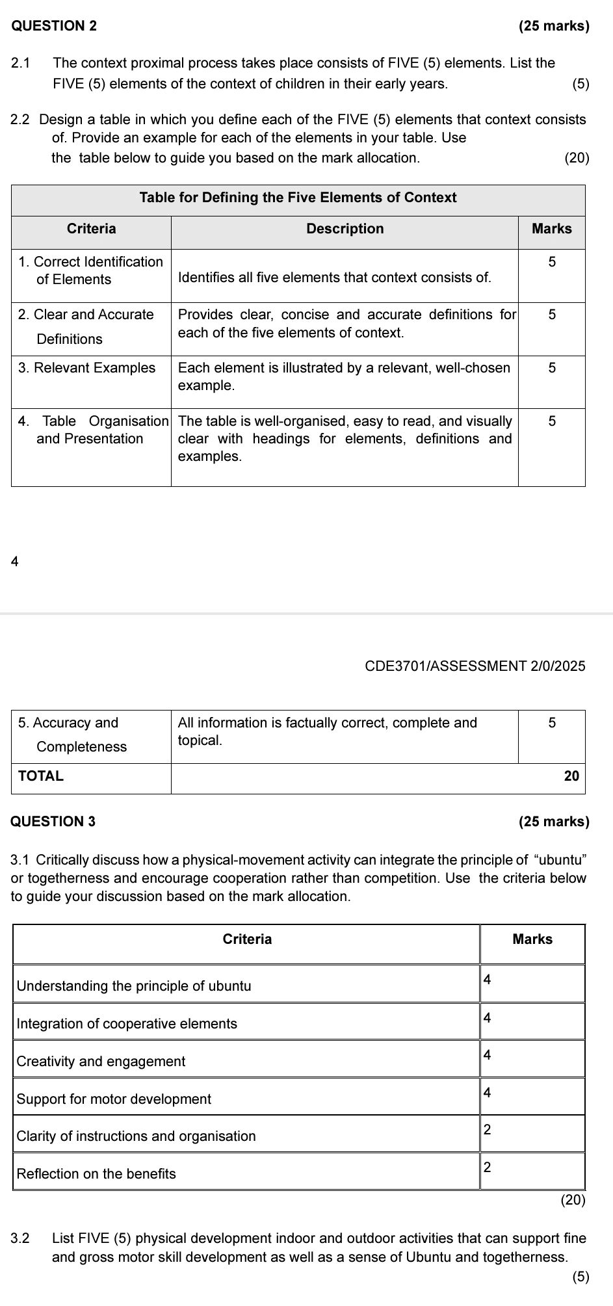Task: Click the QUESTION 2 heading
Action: (x=55, y=26)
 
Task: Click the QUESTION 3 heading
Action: (x=53, y=821)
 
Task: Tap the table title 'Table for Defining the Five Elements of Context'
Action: (x=298, y=198)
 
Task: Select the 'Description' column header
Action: (x=345, y=229)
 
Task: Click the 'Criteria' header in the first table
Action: (x=91, y=229)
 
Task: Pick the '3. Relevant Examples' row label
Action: (x=87, y=368)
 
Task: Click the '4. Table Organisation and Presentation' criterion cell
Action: (x=91, y=430)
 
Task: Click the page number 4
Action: (x=15, y=562)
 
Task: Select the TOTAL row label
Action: (x=41, y=776)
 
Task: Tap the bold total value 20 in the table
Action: (x=571, y=776)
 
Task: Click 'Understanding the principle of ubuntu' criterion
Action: (x=134, y=986)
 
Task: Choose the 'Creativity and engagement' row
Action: (x=101, y=1061)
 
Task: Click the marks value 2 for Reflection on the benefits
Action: (x=488, y=1167)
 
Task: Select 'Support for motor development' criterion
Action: (x=114, y=1099)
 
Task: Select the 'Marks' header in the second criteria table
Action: (x=532, y=939)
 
